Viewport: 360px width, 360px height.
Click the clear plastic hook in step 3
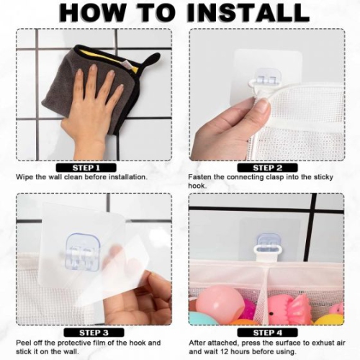click(x=81, y=252)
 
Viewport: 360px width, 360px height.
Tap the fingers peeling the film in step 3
click(x=144, y=295)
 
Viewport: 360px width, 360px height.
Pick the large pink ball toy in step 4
click(x=220, y=302)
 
